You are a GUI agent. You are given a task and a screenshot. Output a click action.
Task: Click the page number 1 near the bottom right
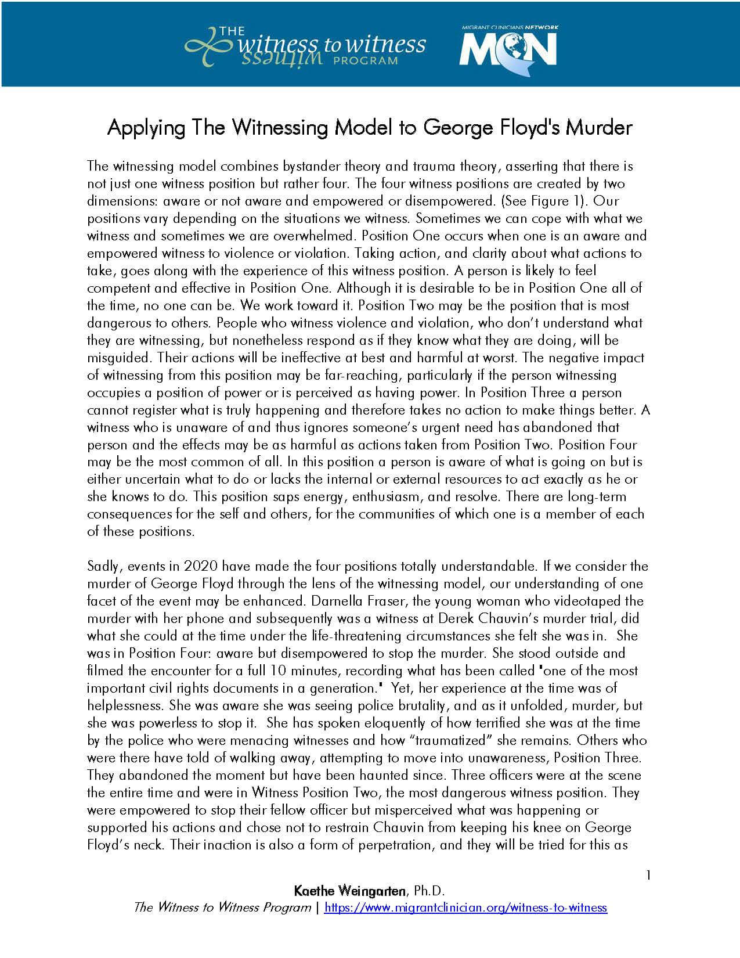(x=648, y=875)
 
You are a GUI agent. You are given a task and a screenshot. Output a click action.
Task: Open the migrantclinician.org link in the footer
(x=465, y=907)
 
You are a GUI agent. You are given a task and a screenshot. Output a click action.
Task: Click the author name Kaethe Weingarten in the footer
(x=345, y=891)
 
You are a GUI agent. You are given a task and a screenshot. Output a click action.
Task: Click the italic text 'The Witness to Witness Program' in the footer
(x=222, y=907)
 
